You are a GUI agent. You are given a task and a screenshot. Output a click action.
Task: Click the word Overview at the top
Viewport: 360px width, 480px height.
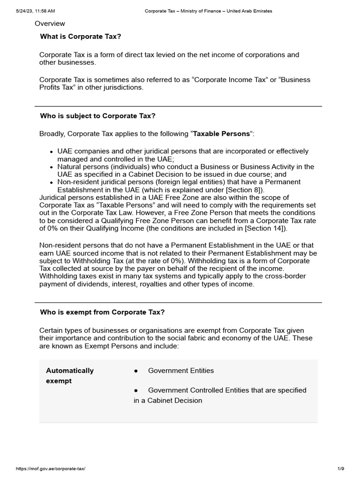click(50, 24)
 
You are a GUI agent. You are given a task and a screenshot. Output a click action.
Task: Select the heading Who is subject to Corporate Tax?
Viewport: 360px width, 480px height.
click(98, 116)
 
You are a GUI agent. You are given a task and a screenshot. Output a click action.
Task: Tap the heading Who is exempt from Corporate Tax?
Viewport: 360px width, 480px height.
click(103, 312)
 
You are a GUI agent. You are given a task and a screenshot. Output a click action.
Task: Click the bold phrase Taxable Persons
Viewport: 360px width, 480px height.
click(222, 134)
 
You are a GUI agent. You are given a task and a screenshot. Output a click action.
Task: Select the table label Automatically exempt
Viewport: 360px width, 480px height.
click(69, 375)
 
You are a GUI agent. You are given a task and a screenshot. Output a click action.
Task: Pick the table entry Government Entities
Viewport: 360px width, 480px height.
click(180, 371)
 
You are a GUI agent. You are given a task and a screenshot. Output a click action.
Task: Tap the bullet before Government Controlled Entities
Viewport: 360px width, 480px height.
click(136, 390)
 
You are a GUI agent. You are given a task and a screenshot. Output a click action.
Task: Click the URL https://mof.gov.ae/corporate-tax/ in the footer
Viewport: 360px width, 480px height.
click(51, 469)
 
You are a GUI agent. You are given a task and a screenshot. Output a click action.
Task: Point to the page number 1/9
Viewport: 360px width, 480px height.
click(341, 469)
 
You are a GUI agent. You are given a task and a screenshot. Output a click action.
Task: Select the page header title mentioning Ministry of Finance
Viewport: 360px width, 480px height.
click(208, 11)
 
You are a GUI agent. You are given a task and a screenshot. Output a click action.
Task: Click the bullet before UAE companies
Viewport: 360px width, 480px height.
click(51, 152)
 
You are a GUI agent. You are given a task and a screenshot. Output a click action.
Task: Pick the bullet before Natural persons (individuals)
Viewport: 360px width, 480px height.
click(51, 167)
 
